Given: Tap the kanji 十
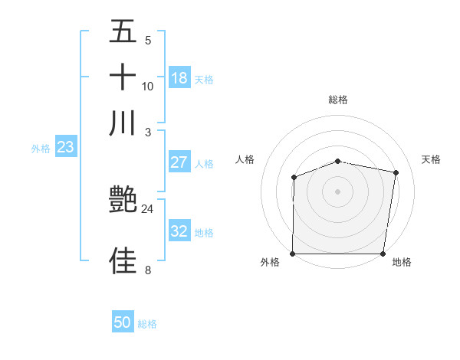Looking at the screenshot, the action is coord(123,78).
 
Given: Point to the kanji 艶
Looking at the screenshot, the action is coord(123,201).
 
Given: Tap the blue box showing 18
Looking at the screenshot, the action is coord(179,78).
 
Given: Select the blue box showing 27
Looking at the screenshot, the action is coord(179,162).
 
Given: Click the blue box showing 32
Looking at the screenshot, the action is coord(179,232).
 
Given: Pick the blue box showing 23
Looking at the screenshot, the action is coord(65,147).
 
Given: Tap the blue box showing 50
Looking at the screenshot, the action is coord(123,323).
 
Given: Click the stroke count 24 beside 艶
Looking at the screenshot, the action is coord(147,208).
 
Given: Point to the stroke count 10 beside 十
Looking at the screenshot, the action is coord(148,87).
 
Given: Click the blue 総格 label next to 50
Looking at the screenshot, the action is coord(147,324).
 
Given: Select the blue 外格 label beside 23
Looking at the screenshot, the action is coord(41,149).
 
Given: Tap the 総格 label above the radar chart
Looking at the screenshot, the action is coord(338,100).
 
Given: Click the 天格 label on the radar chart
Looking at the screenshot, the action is coord(432,159).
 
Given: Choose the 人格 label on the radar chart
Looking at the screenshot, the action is coord(245,159).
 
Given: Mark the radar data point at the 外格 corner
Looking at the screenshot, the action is coord(293,254).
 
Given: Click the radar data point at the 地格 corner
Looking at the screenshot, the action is coord(383,254).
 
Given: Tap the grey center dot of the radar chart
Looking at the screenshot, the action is coord(338,191).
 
